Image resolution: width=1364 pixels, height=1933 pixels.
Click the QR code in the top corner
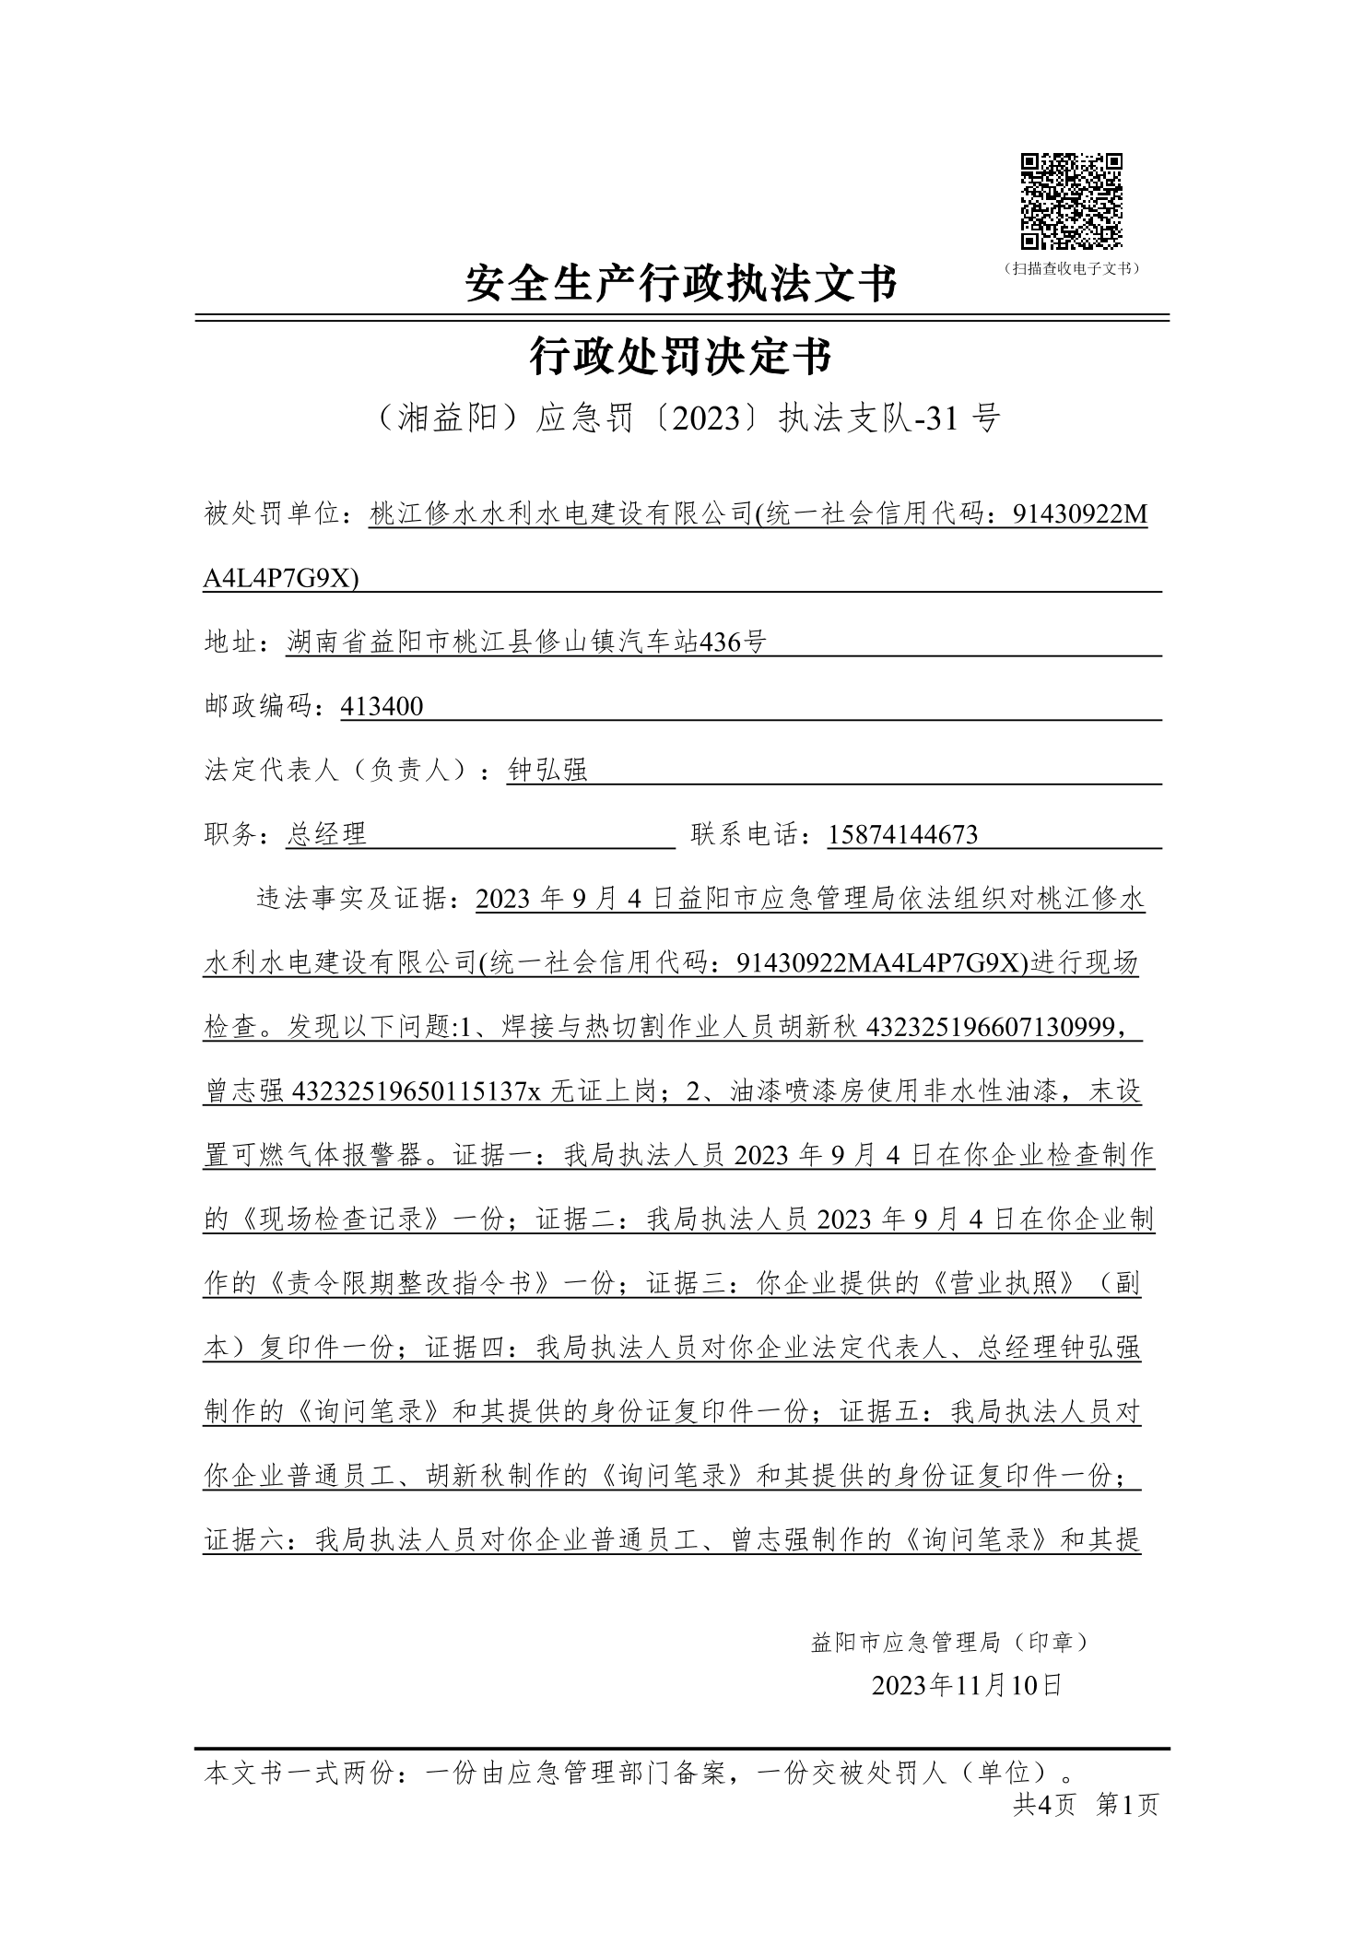1071,200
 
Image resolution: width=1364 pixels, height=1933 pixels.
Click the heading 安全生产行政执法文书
680,284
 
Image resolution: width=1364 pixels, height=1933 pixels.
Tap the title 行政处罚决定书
680,356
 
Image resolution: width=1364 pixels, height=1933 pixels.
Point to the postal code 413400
382,707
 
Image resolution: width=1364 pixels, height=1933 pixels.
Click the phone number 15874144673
902,835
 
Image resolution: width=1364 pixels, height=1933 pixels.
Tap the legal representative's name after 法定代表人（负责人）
547,771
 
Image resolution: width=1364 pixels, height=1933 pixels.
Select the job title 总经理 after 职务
326,835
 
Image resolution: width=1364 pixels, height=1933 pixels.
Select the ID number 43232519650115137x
416,1091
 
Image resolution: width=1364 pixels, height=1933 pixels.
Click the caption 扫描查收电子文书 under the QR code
1071,269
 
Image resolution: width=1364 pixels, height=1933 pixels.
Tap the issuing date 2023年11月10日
967,1686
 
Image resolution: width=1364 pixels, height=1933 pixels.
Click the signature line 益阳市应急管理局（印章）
949,1642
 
